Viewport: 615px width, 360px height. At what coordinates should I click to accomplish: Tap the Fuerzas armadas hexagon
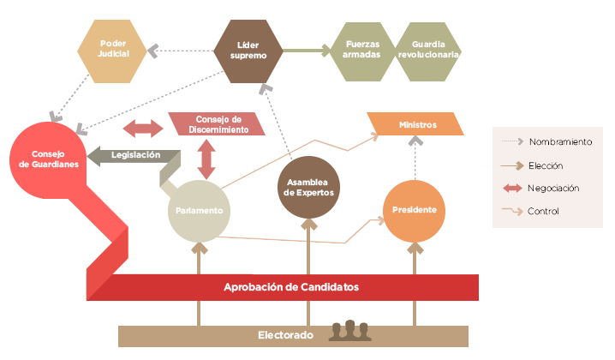tap(362, 50)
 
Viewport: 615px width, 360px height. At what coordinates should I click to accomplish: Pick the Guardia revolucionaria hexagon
tap(428, 50)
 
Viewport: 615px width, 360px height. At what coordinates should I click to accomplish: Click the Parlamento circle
tap(200, 210)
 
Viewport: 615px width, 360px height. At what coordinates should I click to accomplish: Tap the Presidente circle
tap(415, 210)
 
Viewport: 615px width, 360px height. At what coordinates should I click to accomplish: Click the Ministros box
tap(417, 125)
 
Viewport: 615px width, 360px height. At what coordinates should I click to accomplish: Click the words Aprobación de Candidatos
tap(290, 287)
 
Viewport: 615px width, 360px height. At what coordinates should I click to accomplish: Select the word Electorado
tap(285, 334)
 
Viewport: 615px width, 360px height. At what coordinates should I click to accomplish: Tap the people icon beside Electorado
tap(349, 330)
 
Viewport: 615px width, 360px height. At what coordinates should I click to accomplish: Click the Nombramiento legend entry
tap(560, 142)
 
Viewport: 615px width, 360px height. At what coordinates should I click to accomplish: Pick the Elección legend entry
tap(546, 165)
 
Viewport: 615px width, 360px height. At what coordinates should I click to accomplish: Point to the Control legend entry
tap(544, 211)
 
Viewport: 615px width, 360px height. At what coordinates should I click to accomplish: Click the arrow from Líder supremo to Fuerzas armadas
tap(306, 51)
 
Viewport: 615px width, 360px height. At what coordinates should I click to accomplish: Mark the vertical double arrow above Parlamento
tap(206, 159)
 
